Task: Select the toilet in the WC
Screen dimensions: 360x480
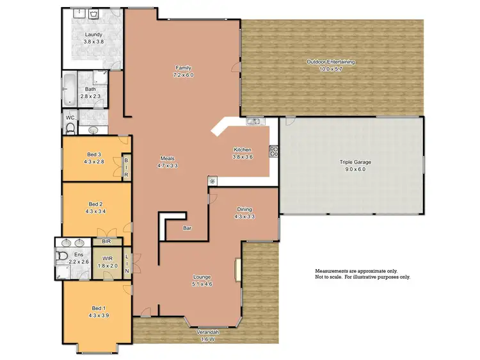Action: (70, 129)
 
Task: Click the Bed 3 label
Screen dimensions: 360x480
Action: (94, 154)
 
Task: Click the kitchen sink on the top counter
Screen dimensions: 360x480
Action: (253, 121)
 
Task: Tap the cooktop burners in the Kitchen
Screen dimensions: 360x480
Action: (275, 151)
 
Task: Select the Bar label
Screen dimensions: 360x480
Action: (188, 227)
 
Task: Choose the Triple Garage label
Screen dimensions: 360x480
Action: (355, 162)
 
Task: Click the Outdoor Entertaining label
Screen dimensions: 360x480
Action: (330, 61)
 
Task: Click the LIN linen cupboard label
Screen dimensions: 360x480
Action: (127, 262)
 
